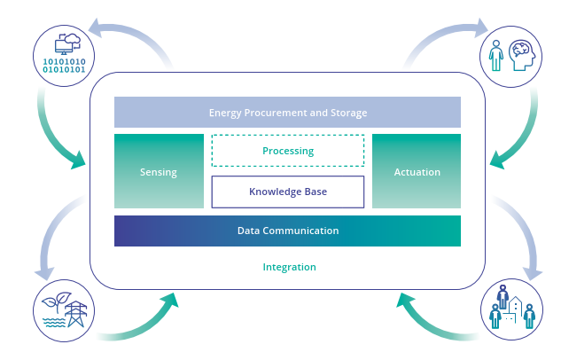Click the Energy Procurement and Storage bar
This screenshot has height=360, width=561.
[287, 113]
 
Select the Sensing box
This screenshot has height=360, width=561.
[159, 172]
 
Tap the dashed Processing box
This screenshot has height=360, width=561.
[288, 151]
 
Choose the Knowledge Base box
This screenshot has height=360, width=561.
[288, 192]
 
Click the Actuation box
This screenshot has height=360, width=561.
[417, 172]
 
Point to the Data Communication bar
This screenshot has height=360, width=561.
[287, 231]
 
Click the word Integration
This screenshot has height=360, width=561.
[289, 267]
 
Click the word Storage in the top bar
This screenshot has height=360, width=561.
[348, 113]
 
